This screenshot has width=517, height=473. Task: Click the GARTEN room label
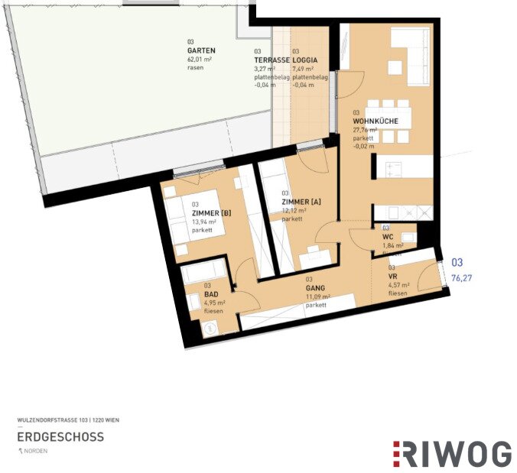(201, 50)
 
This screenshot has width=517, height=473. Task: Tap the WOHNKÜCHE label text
(376, 121)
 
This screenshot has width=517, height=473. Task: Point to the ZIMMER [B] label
(210, 212)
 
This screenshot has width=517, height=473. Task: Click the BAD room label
(210, 293)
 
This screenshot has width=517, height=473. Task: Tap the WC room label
(387, 236)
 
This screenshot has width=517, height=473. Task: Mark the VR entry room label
(392, 276)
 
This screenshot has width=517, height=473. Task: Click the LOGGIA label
(304, 60)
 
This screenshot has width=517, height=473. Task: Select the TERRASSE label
(272, 60)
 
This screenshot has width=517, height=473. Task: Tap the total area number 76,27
(462, 278)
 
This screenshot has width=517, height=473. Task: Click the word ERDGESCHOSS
(60, 437)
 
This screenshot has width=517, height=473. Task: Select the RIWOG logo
(452, 454)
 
